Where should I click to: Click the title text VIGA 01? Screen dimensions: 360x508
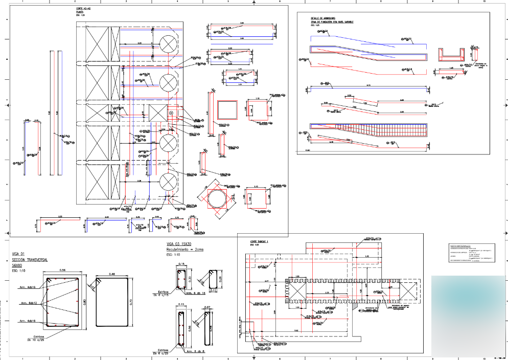(x=18, y=254)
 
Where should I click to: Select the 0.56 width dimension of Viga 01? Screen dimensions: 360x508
(x=62, y=270)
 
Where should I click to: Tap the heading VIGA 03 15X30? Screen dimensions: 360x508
(x=179, y=244)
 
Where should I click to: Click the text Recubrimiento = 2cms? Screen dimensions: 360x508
(x=184, y=250)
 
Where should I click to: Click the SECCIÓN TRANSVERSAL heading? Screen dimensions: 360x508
(x=29, y=260)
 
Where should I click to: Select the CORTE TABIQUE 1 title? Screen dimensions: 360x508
(x=260, y=241)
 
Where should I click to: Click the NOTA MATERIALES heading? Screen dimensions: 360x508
(x=459, y=246)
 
